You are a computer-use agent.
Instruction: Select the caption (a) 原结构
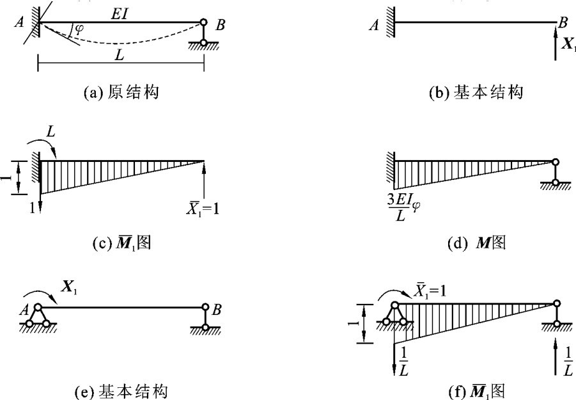(x=121, y=93)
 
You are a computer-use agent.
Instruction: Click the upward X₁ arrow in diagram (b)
(x=556, y=47)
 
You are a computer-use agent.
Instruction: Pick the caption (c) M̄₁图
(x=121, y=244)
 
